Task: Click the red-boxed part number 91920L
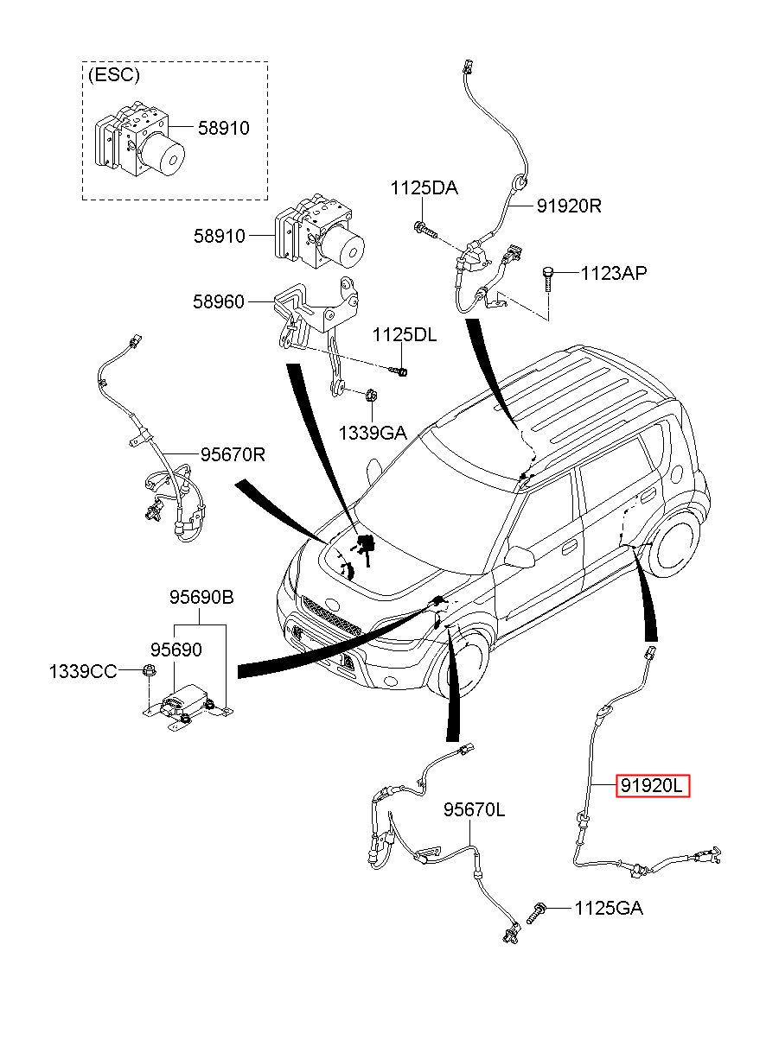click(x=652, y=786)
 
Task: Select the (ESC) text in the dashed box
click(x=112, y=75)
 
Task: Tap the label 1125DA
click(x=424, y=187)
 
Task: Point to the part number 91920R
click(x=568, y=206)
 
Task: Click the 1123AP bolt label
click(x=613, y=273)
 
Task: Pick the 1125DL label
click(x=405, y=334)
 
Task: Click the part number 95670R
click(x=233, y=453)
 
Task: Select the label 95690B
click(x=201, y=598)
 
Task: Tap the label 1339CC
click(x=82, y=671)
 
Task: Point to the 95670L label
click(x=474, y=809)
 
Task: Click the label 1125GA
click(x=609, y=908)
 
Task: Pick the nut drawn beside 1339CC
click(x=148, y=671)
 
